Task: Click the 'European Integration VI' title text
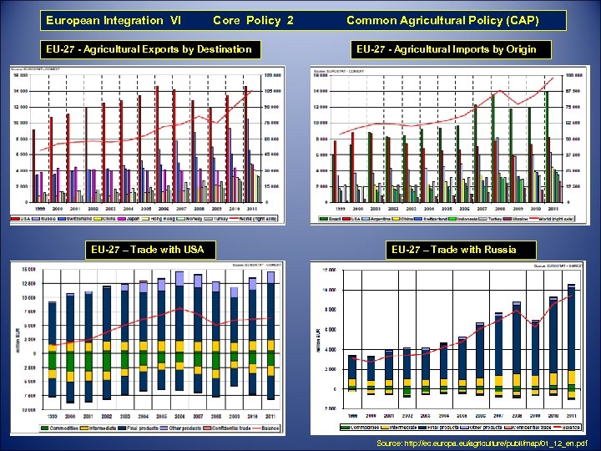114,20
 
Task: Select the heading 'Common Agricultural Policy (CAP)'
442,20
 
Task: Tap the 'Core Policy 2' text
253,20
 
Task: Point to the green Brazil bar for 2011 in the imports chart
546,142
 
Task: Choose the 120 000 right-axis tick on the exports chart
272,75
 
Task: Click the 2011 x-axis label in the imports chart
552,208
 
